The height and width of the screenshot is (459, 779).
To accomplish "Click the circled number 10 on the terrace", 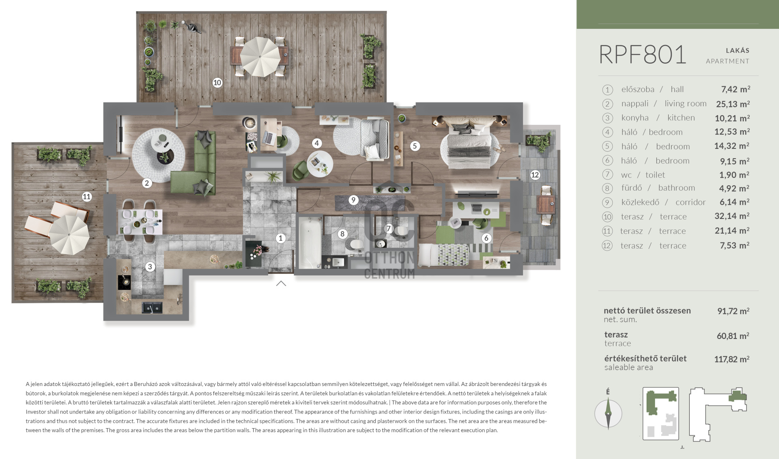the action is [217, 83].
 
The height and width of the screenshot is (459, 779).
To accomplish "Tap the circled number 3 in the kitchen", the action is [150, 266].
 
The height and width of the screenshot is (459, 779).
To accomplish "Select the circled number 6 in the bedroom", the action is [486, 238].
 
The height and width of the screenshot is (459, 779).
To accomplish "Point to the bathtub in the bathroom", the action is [310, 242].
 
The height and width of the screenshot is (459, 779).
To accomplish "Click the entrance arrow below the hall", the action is [281, 283].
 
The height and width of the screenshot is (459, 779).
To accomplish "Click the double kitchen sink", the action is [152, 307].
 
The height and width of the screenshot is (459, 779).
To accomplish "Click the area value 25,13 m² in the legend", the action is [733, 104].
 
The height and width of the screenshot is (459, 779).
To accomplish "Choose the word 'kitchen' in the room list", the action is [681, 118].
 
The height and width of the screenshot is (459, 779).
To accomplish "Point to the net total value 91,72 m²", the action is [733, 311].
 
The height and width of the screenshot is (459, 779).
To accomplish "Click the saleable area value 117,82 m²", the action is [732, 359].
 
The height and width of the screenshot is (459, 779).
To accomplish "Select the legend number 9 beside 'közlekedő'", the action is [607, 202].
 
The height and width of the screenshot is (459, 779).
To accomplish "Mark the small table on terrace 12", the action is [546, 204].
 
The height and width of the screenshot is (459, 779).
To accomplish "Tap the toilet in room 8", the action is [356, 244].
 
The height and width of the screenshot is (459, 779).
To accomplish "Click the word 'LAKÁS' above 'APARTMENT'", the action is [737, 50].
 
